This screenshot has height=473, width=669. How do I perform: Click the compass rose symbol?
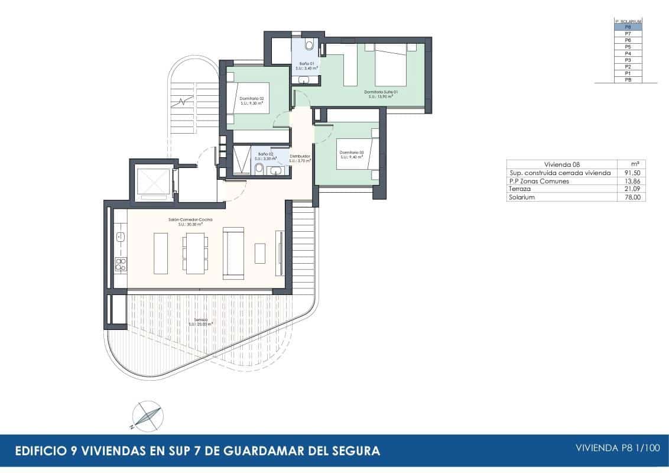tap(146, 415)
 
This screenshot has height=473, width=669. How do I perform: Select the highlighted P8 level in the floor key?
tap(628, 27)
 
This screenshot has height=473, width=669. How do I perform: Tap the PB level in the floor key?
tap(628, 79)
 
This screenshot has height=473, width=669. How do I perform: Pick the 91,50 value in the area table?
tap(631, 173)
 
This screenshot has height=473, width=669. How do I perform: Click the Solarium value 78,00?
tap(631, 197)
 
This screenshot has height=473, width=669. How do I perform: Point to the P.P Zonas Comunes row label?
tap(539, 181)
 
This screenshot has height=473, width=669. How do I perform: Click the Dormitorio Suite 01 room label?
tap(381, 92)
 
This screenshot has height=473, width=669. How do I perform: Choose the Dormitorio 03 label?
tap(352, 153)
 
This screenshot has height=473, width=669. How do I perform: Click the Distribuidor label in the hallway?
tap(300, 157)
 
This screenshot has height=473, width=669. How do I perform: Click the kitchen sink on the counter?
tap(121, 238)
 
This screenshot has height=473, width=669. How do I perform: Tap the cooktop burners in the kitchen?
tap(121, 264)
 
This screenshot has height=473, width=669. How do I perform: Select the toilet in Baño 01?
tap(309, 46)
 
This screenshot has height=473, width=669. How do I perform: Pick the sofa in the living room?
tap(233, 253)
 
